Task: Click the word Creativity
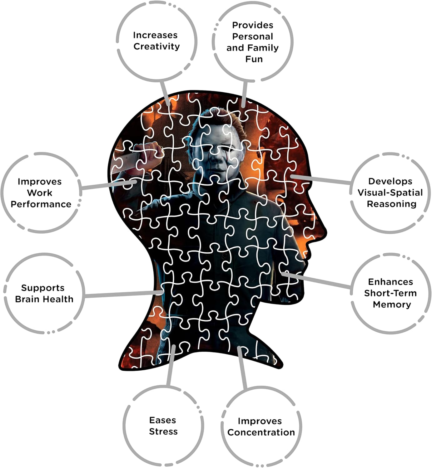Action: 156,46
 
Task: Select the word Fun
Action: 254,59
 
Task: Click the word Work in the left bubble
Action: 40,193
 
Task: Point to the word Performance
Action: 41,204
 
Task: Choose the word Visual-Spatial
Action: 390,193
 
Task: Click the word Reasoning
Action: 391,204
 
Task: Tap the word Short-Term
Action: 390,293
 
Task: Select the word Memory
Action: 392,304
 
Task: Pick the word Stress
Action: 163,431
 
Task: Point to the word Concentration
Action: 261,432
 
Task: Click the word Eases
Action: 162,420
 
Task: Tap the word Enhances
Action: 390,282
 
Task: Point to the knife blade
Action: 125,162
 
